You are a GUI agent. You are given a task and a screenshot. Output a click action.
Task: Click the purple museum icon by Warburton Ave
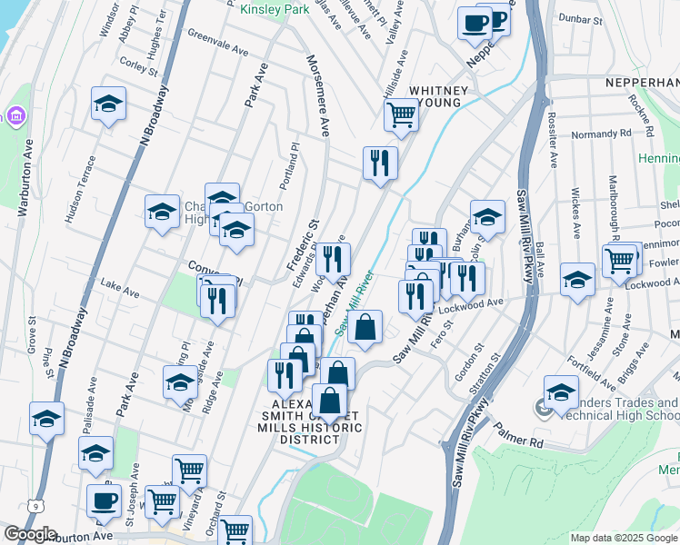15,116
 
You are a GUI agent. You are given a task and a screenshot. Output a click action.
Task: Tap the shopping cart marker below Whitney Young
401,115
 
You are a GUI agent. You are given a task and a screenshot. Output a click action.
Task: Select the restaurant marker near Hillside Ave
380,163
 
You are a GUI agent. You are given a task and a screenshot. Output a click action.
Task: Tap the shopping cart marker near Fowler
619,261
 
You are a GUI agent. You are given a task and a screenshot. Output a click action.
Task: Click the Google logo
29,535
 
